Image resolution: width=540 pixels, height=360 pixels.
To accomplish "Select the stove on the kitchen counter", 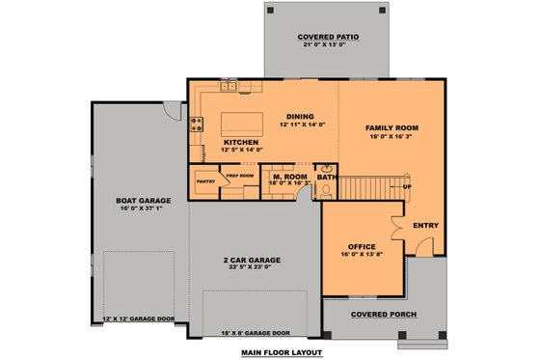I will pyautogui.click(x=198, y=123).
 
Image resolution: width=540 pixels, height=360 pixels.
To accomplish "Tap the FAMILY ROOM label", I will pyautogui.click(x=391, y=126).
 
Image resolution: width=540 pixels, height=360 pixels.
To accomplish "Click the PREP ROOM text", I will pyautogui.click(x=239, y=176).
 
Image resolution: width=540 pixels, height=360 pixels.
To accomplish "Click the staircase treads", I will pyautogui.click(x=371, y=185).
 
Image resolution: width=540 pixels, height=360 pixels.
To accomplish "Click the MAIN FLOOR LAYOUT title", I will pyautogui.click(x=283, y=353).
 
